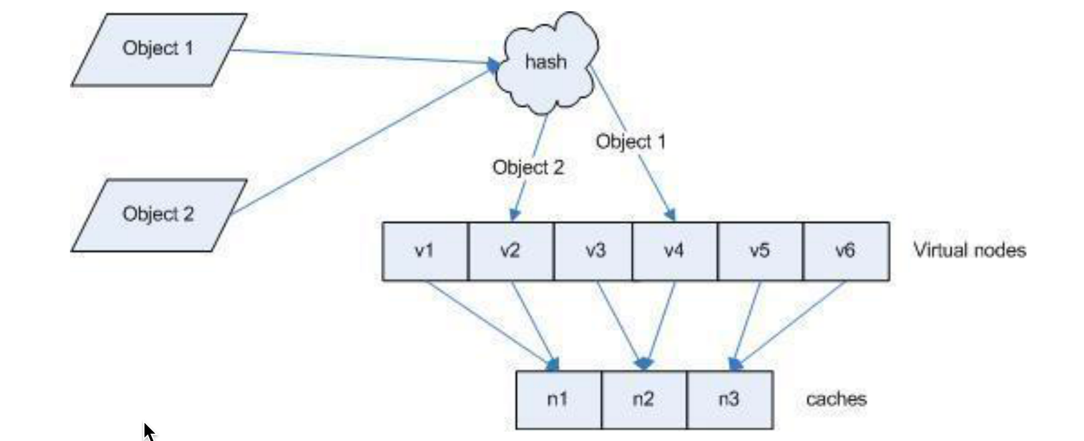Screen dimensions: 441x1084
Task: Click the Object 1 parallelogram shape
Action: tap(158, 49)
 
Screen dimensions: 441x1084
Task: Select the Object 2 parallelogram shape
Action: tap(158, 215)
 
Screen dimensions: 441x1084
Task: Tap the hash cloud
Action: tap(546, 63)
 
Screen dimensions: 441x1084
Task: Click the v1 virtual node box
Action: tap(425, 251)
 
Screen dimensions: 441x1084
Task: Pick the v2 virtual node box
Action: tap(511, 251)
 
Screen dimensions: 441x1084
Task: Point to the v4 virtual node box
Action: tap(675, 251)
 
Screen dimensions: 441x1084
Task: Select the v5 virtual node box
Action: tap(760, 251)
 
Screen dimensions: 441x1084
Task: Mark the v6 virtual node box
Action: tap(846, 251)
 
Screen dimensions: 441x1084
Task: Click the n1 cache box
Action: tap(558, 400)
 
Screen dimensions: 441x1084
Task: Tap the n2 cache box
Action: tap(644, 400)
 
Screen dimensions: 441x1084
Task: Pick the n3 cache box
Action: tap(729, 400)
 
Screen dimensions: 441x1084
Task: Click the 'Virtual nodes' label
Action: tap(969, 250)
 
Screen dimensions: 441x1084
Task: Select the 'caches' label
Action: tap(836, 400)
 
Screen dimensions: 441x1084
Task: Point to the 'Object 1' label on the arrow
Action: tap(631, 142)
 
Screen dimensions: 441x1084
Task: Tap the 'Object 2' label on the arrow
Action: tap(528, 167)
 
